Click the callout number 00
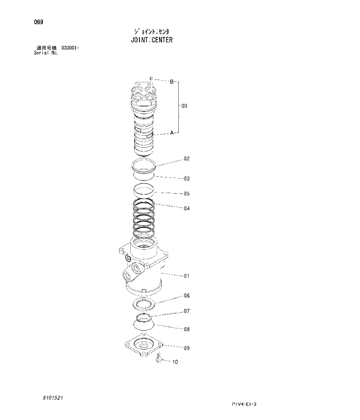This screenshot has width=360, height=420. coord(184,106)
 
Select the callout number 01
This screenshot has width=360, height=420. coord(187,276)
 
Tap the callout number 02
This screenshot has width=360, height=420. coord(187,158)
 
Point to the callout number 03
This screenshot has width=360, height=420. coord(187,179)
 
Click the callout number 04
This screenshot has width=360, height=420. coord(187,208)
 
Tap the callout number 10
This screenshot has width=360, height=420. coord(175,363)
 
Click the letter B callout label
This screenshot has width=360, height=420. coord(171,82)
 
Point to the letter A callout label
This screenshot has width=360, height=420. coord(172,133)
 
